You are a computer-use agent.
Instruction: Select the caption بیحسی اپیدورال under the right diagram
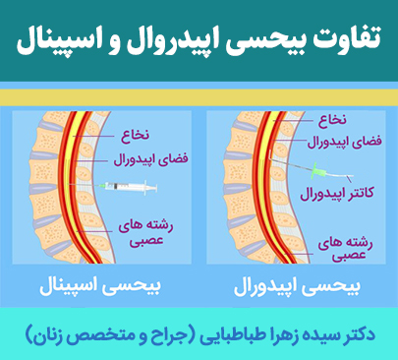[296, 289]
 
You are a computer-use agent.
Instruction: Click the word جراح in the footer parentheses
[167, 334]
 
